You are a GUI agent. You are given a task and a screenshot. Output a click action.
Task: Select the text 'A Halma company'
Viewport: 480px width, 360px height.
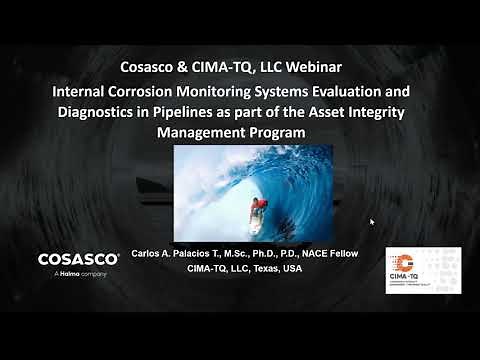point(72,272)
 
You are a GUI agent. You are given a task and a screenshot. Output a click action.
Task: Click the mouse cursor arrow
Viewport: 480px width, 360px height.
point(371,221)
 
